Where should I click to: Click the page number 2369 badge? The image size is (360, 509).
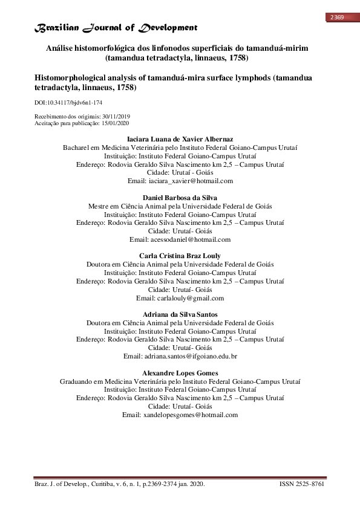click(x=337, y=18)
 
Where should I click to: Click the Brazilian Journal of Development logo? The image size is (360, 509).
click(x=115, y=28)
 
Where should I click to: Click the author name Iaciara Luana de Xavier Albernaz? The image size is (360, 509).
click(x=180, y=140)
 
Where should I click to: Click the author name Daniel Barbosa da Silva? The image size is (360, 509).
click(x=180, y=198)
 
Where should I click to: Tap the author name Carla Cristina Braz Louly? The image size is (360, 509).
click(x=180, y=256)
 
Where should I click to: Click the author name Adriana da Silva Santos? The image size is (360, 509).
click(x=180, y=314)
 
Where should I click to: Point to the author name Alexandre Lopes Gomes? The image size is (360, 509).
click(x=180, y=373)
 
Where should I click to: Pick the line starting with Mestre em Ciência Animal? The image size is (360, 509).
click(x=180, y=206)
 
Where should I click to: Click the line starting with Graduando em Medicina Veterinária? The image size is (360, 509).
click(x=180, y=381)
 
